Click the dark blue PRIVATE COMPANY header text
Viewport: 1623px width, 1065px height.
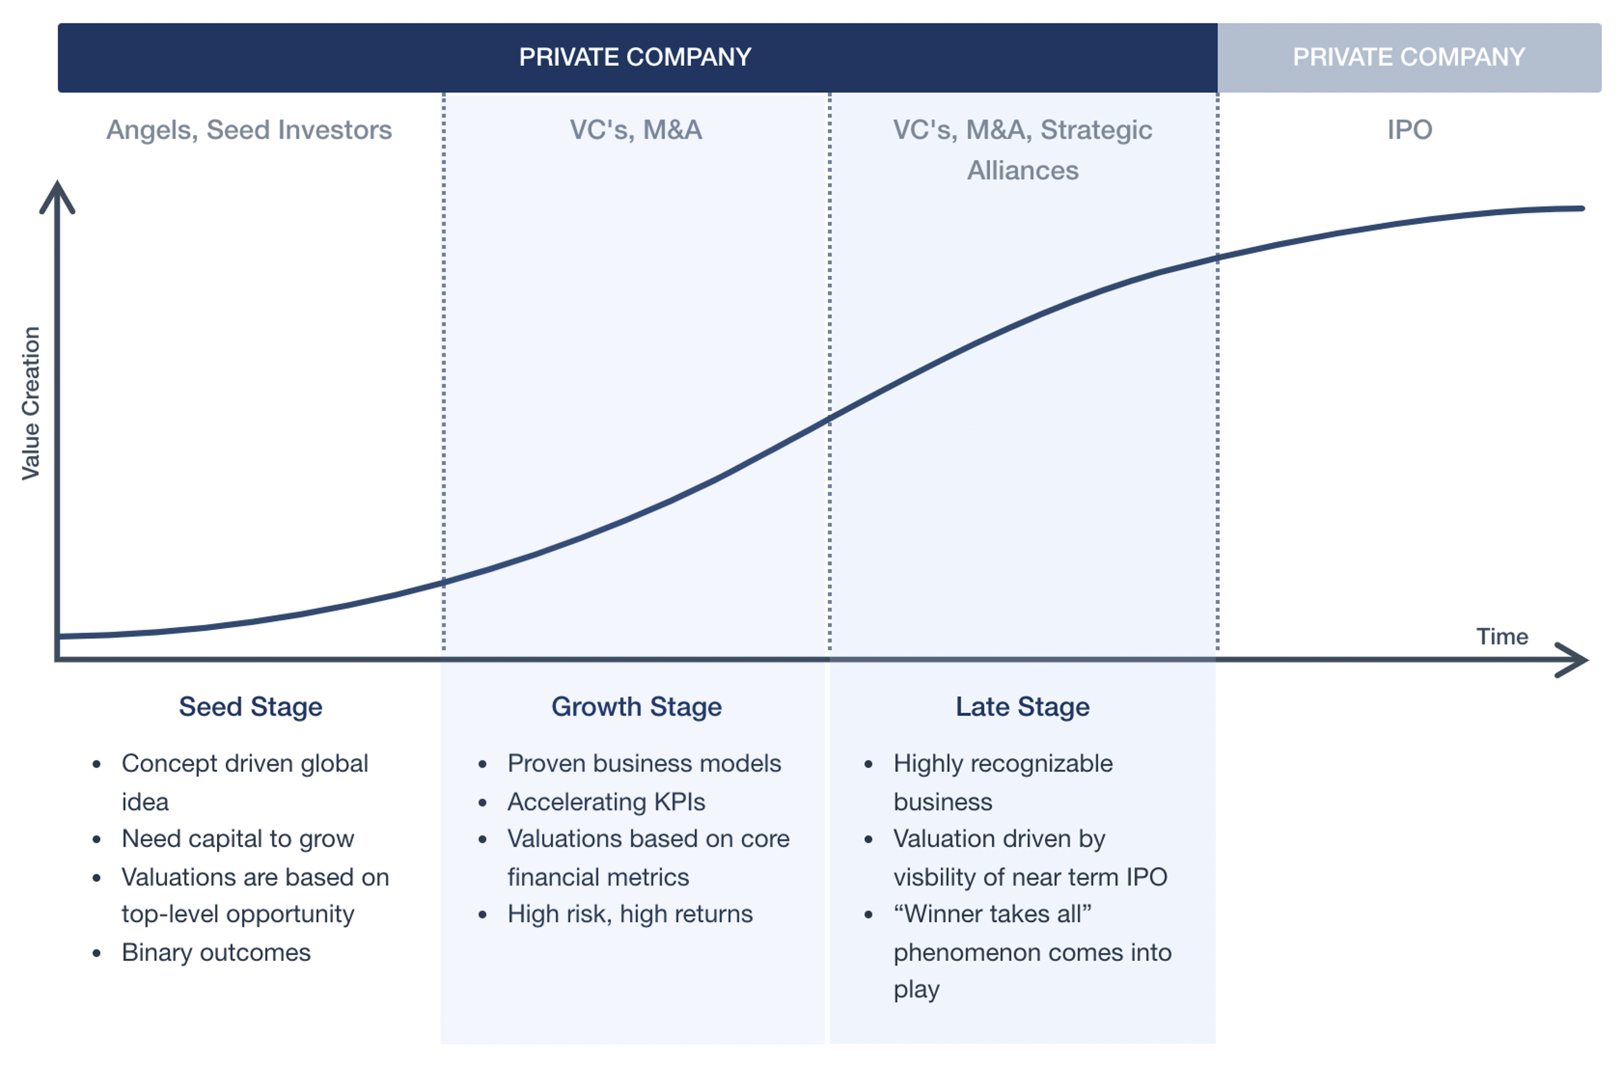[635, 57]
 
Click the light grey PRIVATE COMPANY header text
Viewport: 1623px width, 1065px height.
[1409, 57]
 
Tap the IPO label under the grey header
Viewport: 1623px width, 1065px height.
[1409, 130]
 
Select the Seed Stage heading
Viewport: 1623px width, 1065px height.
[250, 707]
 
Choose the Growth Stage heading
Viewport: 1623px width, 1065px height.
[636, 707]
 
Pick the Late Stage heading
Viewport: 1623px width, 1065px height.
[1022, 707]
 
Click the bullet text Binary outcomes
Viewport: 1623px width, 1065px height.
[216, 953]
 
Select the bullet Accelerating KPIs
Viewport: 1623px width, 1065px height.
[606, 802]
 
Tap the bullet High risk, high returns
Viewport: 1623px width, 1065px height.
[630, 914]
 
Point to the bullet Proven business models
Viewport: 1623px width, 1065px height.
[644, 764]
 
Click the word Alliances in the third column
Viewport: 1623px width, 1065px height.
[1023, 170]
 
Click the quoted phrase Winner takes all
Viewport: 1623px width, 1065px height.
[993, 914]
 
